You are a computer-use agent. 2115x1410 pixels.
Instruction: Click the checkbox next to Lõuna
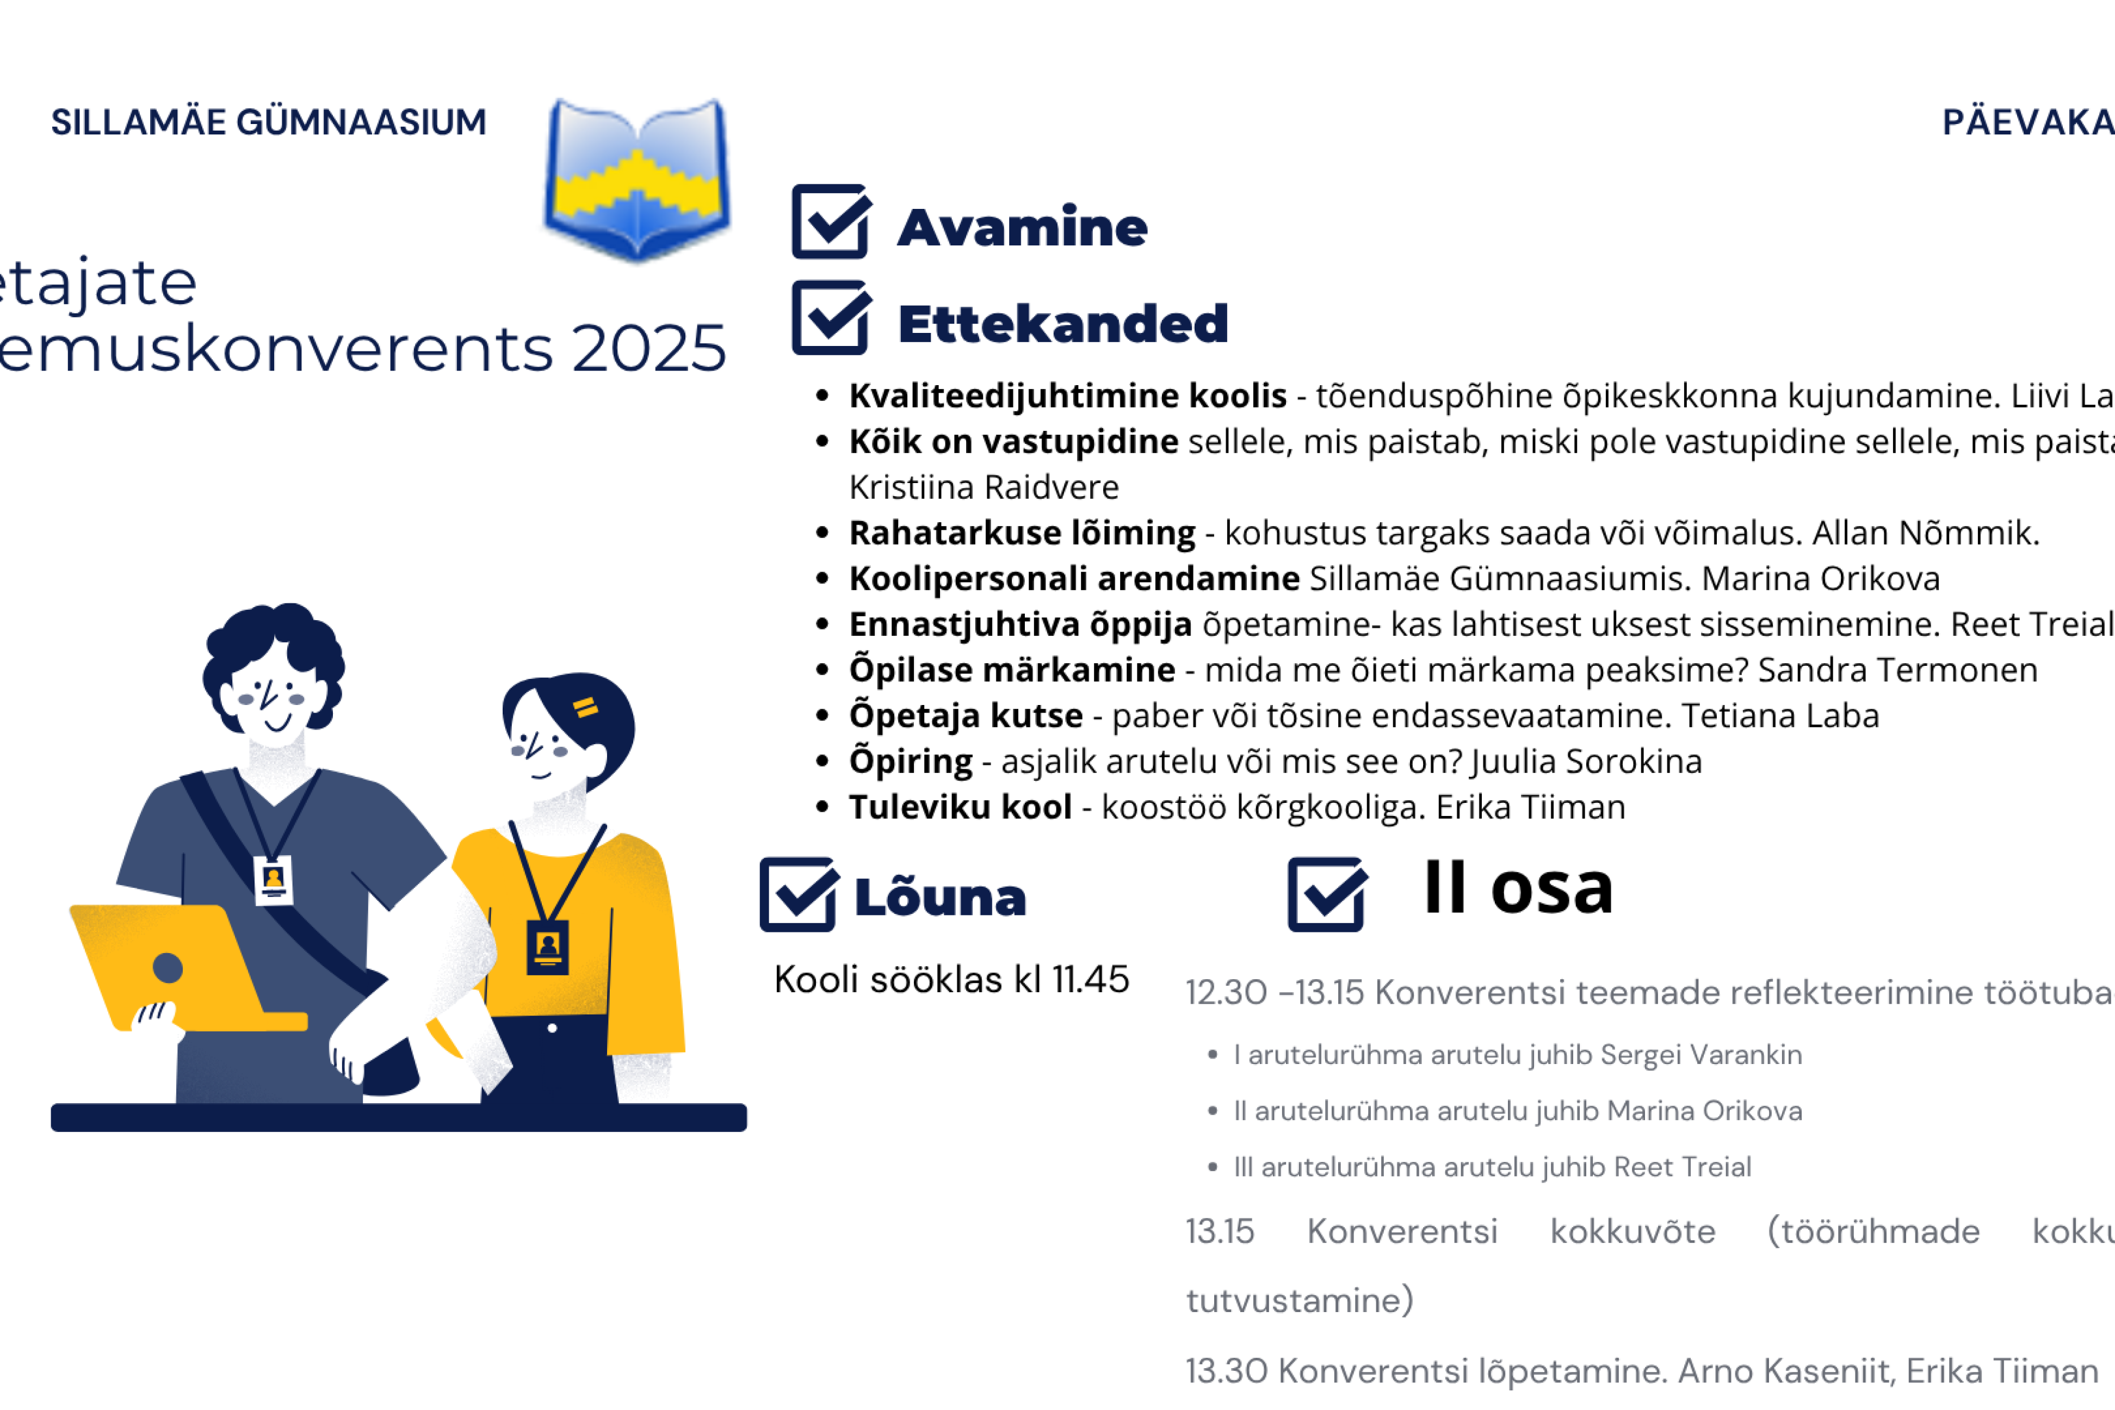797,895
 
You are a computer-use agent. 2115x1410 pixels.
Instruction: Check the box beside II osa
1326,895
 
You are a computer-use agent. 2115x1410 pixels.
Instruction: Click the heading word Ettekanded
1063,324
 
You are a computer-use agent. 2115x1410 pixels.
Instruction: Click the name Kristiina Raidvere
984,487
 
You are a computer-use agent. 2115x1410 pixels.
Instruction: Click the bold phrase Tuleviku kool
960,807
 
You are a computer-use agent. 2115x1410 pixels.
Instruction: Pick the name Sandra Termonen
1897,670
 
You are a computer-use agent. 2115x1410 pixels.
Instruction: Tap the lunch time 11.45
1090,979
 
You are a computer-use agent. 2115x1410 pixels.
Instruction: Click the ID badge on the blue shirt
274,880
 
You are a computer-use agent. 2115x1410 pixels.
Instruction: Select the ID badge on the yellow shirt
548,946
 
